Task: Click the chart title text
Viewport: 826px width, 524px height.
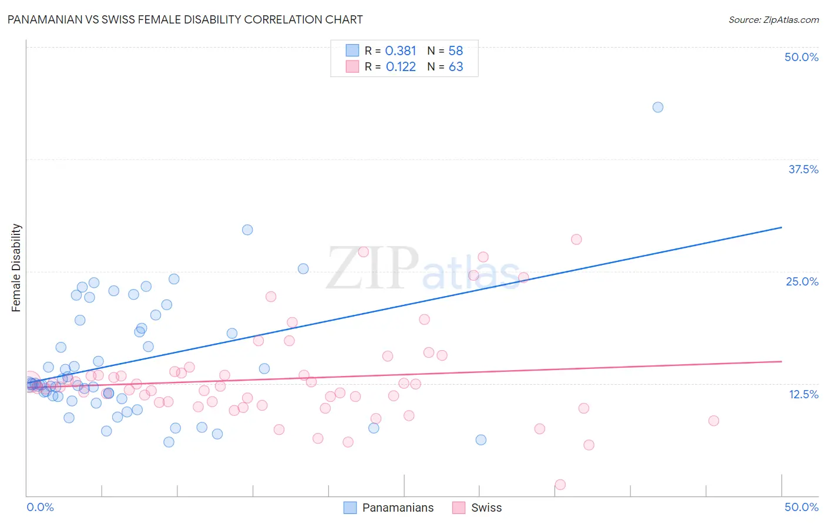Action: (x=185, y=19)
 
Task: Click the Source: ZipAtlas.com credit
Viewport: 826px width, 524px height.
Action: (x=773, y=19)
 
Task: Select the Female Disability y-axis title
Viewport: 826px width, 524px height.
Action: (x=16, y=267)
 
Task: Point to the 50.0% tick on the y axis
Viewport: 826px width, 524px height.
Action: (x=801, y=57)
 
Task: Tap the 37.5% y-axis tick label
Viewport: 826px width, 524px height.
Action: (x=803, y=169)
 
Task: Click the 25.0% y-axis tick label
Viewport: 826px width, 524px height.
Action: (x=802, y=281)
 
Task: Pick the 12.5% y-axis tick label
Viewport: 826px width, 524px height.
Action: (x=803, y=394)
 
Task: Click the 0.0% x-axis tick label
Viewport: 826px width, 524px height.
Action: (x=40, y=507)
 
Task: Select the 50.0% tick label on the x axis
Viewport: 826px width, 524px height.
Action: (x=801, y=507)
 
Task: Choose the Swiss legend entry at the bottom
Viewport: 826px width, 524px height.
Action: (x=477, y=508)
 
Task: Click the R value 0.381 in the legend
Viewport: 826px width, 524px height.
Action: (x=401, y=51)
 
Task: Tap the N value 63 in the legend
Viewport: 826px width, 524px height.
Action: (x=456, y=67)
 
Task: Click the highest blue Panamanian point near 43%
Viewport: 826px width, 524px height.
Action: (x=658, y=107)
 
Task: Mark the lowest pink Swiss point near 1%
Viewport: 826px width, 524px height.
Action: (x=560, y=485)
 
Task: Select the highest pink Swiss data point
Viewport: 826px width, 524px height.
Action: (x=576, y=239)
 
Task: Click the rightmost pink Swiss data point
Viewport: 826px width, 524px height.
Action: (x=714, y=421)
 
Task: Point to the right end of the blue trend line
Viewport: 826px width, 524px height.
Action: (x=781, y=227)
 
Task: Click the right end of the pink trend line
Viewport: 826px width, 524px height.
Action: (x=781, y=361)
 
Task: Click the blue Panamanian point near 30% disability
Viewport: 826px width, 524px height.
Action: (x=247, y=230)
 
